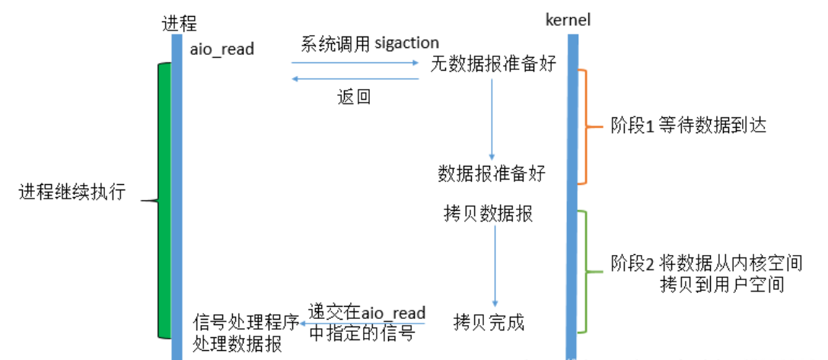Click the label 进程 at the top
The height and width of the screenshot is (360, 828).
tap(174, 23)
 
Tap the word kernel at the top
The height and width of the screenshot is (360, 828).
tap(568, 20)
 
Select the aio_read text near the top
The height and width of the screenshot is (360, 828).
tap(222, 49)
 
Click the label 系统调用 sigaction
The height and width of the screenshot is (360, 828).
tap(370, 43)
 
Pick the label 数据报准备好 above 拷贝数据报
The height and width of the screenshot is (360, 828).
tap(492, 174)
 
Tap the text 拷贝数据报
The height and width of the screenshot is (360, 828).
tap(488, 213)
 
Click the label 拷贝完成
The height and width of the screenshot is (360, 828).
tap(489, 322)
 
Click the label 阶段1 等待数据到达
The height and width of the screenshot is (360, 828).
tap(689, 126)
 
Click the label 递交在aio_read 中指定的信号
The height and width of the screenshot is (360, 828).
tap(366, 323)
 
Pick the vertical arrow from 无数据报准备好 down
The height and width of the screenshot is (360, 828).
tap(492, 118)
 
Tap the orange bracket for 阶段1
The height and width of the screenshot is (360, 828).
tap(584, 126)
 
